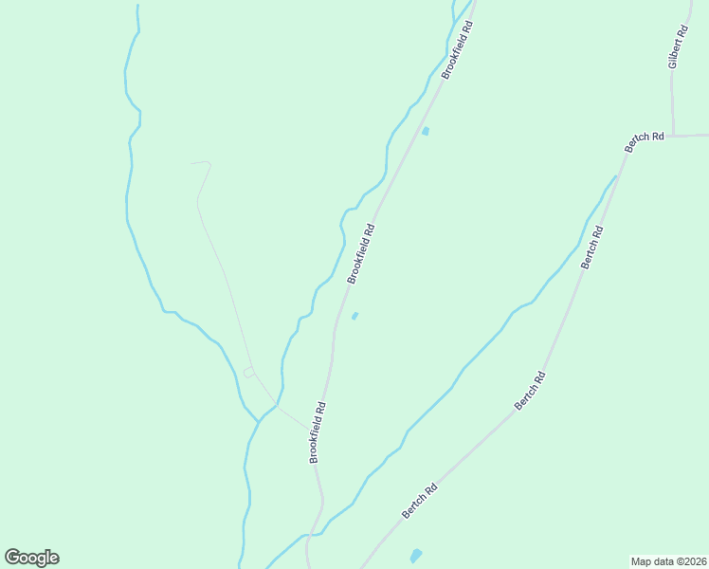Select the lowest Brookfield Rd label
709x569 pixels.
click(x=318, y=432)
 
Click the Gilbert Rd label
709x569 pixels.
click(x=675, y=46)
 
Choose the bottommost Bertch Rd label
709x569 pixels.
click(x=419, y=501)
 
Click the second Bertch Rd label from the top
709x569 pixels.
click(x=592, y=246)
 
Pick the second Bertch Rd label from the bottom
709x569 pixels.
click(x=530, y=390)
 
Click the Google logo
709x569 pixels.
click(x=31, y=558)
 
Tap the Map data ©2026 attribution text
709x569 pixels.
click(x=669, y=560)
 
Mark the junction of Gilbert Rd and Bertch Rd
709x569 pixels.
click(x=673, y=136)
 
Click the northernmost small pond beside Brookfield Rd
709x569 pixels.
click(x=425, y=131)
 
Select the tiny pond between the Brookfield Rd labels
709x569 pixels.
click(x=355, y=316)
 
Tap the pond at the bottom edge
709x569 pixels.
click(x=415, y=555)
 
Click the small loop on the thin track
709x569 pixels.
click(x=248, y=373)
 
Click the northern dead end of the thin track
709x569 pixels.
click(x=192, y=163)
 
